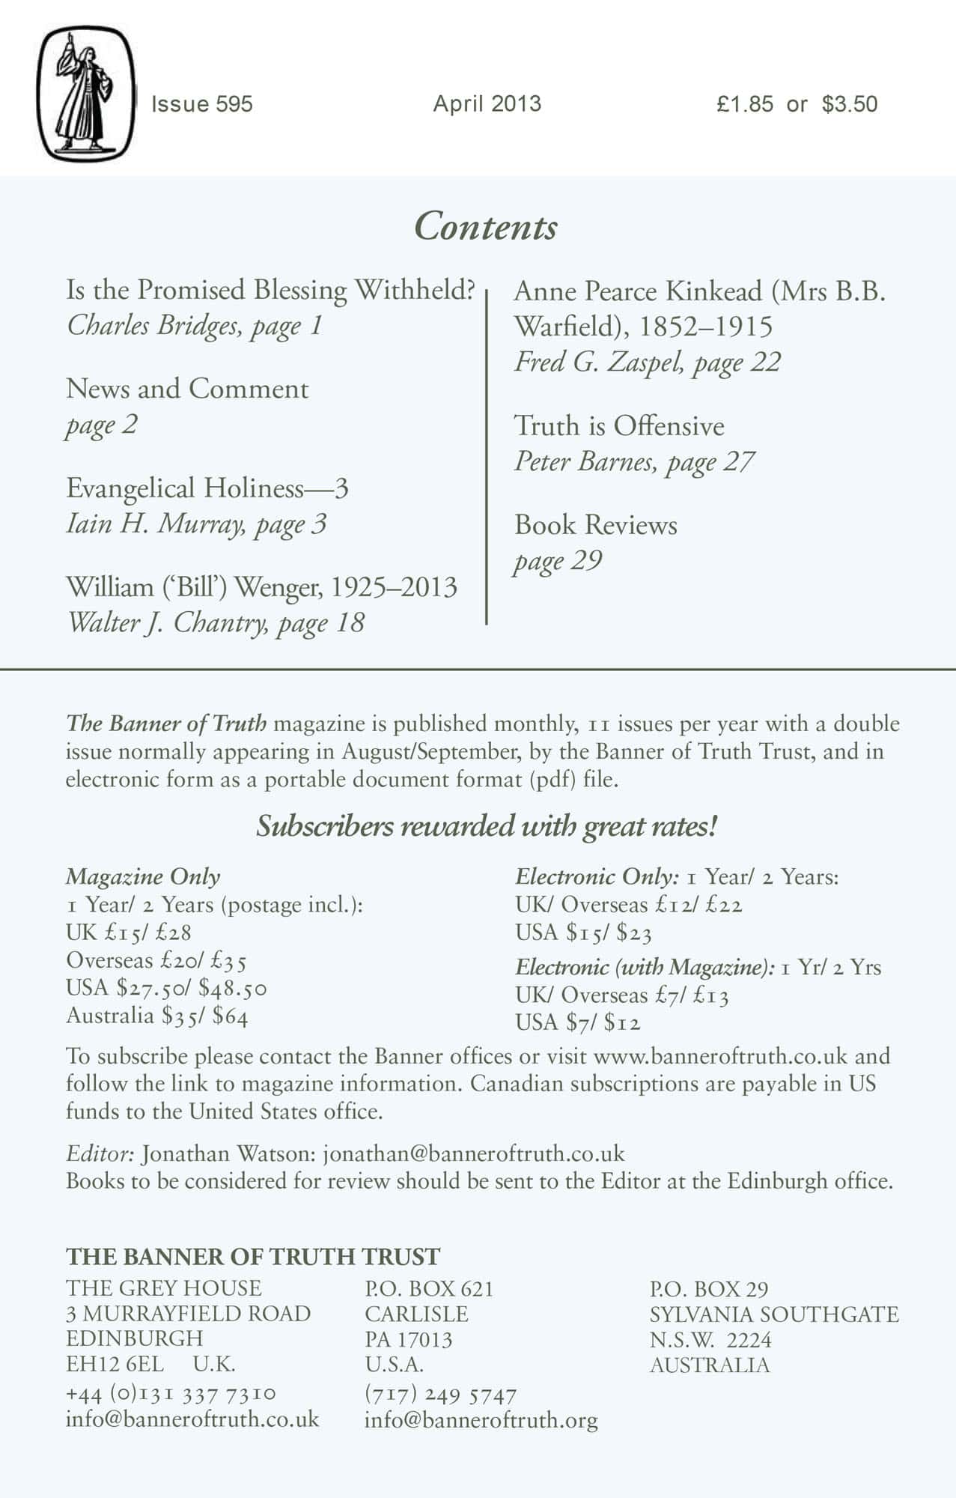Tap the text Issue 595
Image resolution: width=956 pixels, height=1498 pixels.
pos(202,104)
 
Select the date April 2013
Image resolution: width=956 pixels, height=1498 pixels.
pos(487,103)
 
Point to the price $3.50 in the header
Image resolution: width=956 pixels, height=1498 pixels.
pos(850,104)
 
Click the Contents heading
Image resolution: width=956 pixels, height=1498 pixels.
pos(486,226)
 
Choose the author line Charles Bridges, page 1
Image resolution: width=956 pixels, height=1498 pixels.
pos(195,326)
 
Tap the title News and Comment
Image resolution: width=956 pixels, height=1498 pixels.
pos(187,389)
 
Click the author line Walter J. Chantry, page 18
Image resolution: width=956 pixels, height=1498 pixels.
pos(216,623)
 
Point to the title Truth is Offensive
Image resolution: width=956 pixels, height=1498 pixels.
pos(619,426)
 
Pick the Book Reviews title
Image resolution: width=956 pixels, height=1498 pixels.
pos(595,525)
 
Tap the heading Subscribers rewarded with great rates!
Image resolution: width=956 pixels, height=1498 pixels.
pos(487,827)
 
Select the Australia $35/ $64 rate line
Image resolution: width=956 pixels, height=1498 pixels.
pos(157,1016)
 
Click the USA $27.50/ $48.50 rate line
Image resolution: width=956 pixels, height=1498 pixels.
pos(166,989)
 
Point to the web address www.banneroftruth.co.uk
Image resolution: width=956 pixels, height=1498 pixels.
pos(720,1057)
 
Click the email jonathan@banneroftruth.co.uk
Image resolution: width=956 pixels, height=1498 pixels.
pos(474,1154)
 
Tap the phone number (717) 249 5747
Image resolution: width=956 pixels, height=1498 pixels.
pos(440,1395)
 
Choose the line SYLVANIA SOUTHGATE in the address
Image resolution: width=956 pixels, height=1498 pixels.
pos(774,1314)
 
